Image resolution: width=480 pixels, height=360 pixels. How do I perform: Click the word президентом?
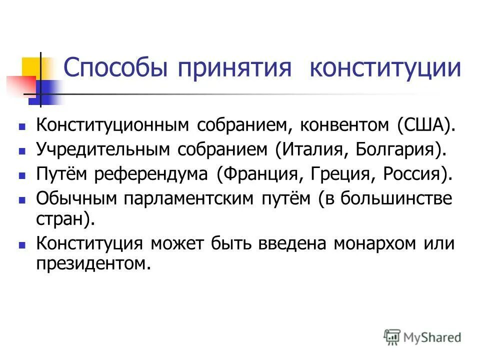pos(93,262)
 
